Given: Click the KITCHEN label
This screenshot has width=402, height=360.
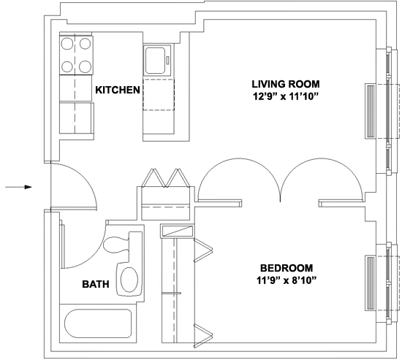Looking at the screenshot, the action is [x=118, y=90].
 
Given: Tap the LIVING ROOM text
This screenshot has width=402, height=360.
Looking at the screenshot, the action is [x=286, y=84].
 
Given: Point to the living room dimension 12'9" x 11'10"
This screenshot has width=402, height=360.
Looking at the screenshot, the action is [x=286, y=96].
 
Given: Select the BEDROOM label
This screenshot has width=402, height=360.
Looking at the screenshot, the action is [x=287, y=268].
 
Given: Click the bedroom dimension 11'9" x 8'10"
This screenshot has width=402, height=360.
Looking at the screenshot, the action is [x=286, y=280].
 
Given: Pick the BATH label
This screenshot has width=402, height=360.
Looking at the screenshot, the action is [x=96, y=284].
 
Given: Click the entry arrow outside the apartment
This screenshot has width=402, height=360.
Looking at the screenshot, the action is [x=18, y=187].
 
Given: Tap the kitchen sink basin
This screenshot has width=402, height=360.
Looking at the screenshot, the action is [x=156, y=61].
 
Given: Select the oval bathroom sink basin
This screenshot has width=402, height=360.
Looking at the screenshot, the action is [x=129, y=280].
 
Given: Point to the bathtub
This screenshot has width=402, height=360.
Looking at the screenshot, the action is [x=98, y=323].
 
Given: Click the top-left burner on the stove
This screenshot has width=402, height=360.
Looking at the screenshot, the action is [x=67, y=44].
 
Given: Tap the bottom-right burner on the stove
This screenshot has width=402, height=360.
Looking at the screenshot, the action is [x=85, y=67].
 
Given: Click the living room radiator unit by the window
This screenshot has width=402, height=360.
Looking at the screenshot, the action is [x=371, y=112].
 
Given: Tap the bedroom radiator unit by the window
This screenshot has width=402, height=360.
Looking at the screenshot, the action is [x=371, y=283].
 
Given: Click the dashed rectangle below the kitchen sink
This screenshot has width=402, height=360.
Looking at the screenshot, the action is [x=159, y=95].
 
